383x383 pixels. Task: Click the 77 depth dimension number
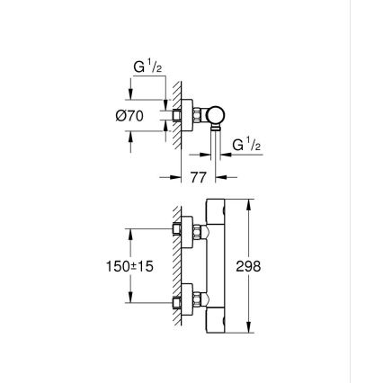(x=200, y=177)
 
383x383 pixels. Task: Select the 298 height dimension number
(x=248, y=267)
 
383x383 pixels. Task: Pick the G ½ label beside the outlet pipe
(x=245, y=145)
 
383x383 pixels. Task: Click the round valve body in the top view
(x=215, y=114)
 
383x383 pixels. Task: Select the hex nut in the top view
(x=199, y=115)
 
